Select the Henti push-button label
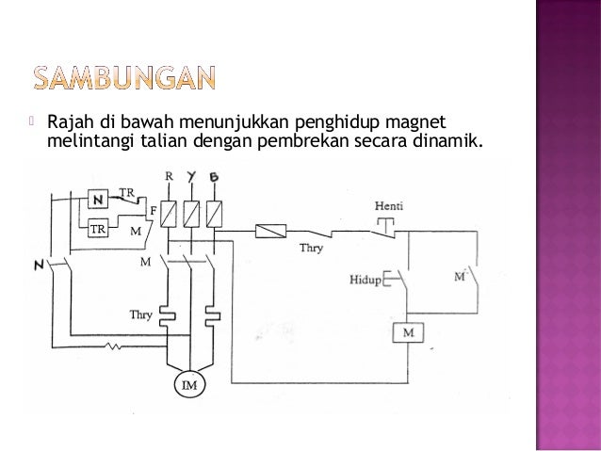tap(388, 206)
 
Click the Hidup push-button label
tap(364, 281)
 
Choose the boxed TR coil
tap(97, 229)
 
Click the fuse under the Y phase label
tap(192, 213)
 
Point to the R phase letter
tap(170, 177)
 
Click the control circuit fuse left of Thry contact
tap(271, 230)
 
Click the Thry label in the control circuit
tap(312, 250)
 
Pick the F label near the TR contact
tap(153, 209)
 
